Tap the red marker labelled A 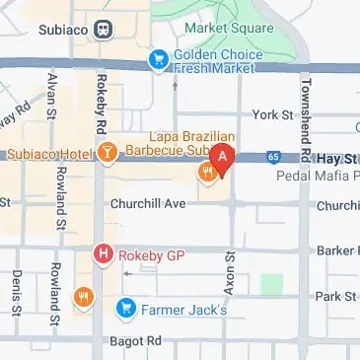pos(224,156)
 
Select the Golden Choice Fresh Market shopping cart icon pos(157,61)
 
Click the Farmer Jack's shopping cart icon pos(125,309)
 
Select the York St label pos(273,116)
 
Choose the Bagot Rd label pos(138,340)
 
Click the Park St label pos(334,296)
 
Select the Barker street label pos(338,251)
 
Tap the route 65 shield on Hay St pos(272,156)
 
